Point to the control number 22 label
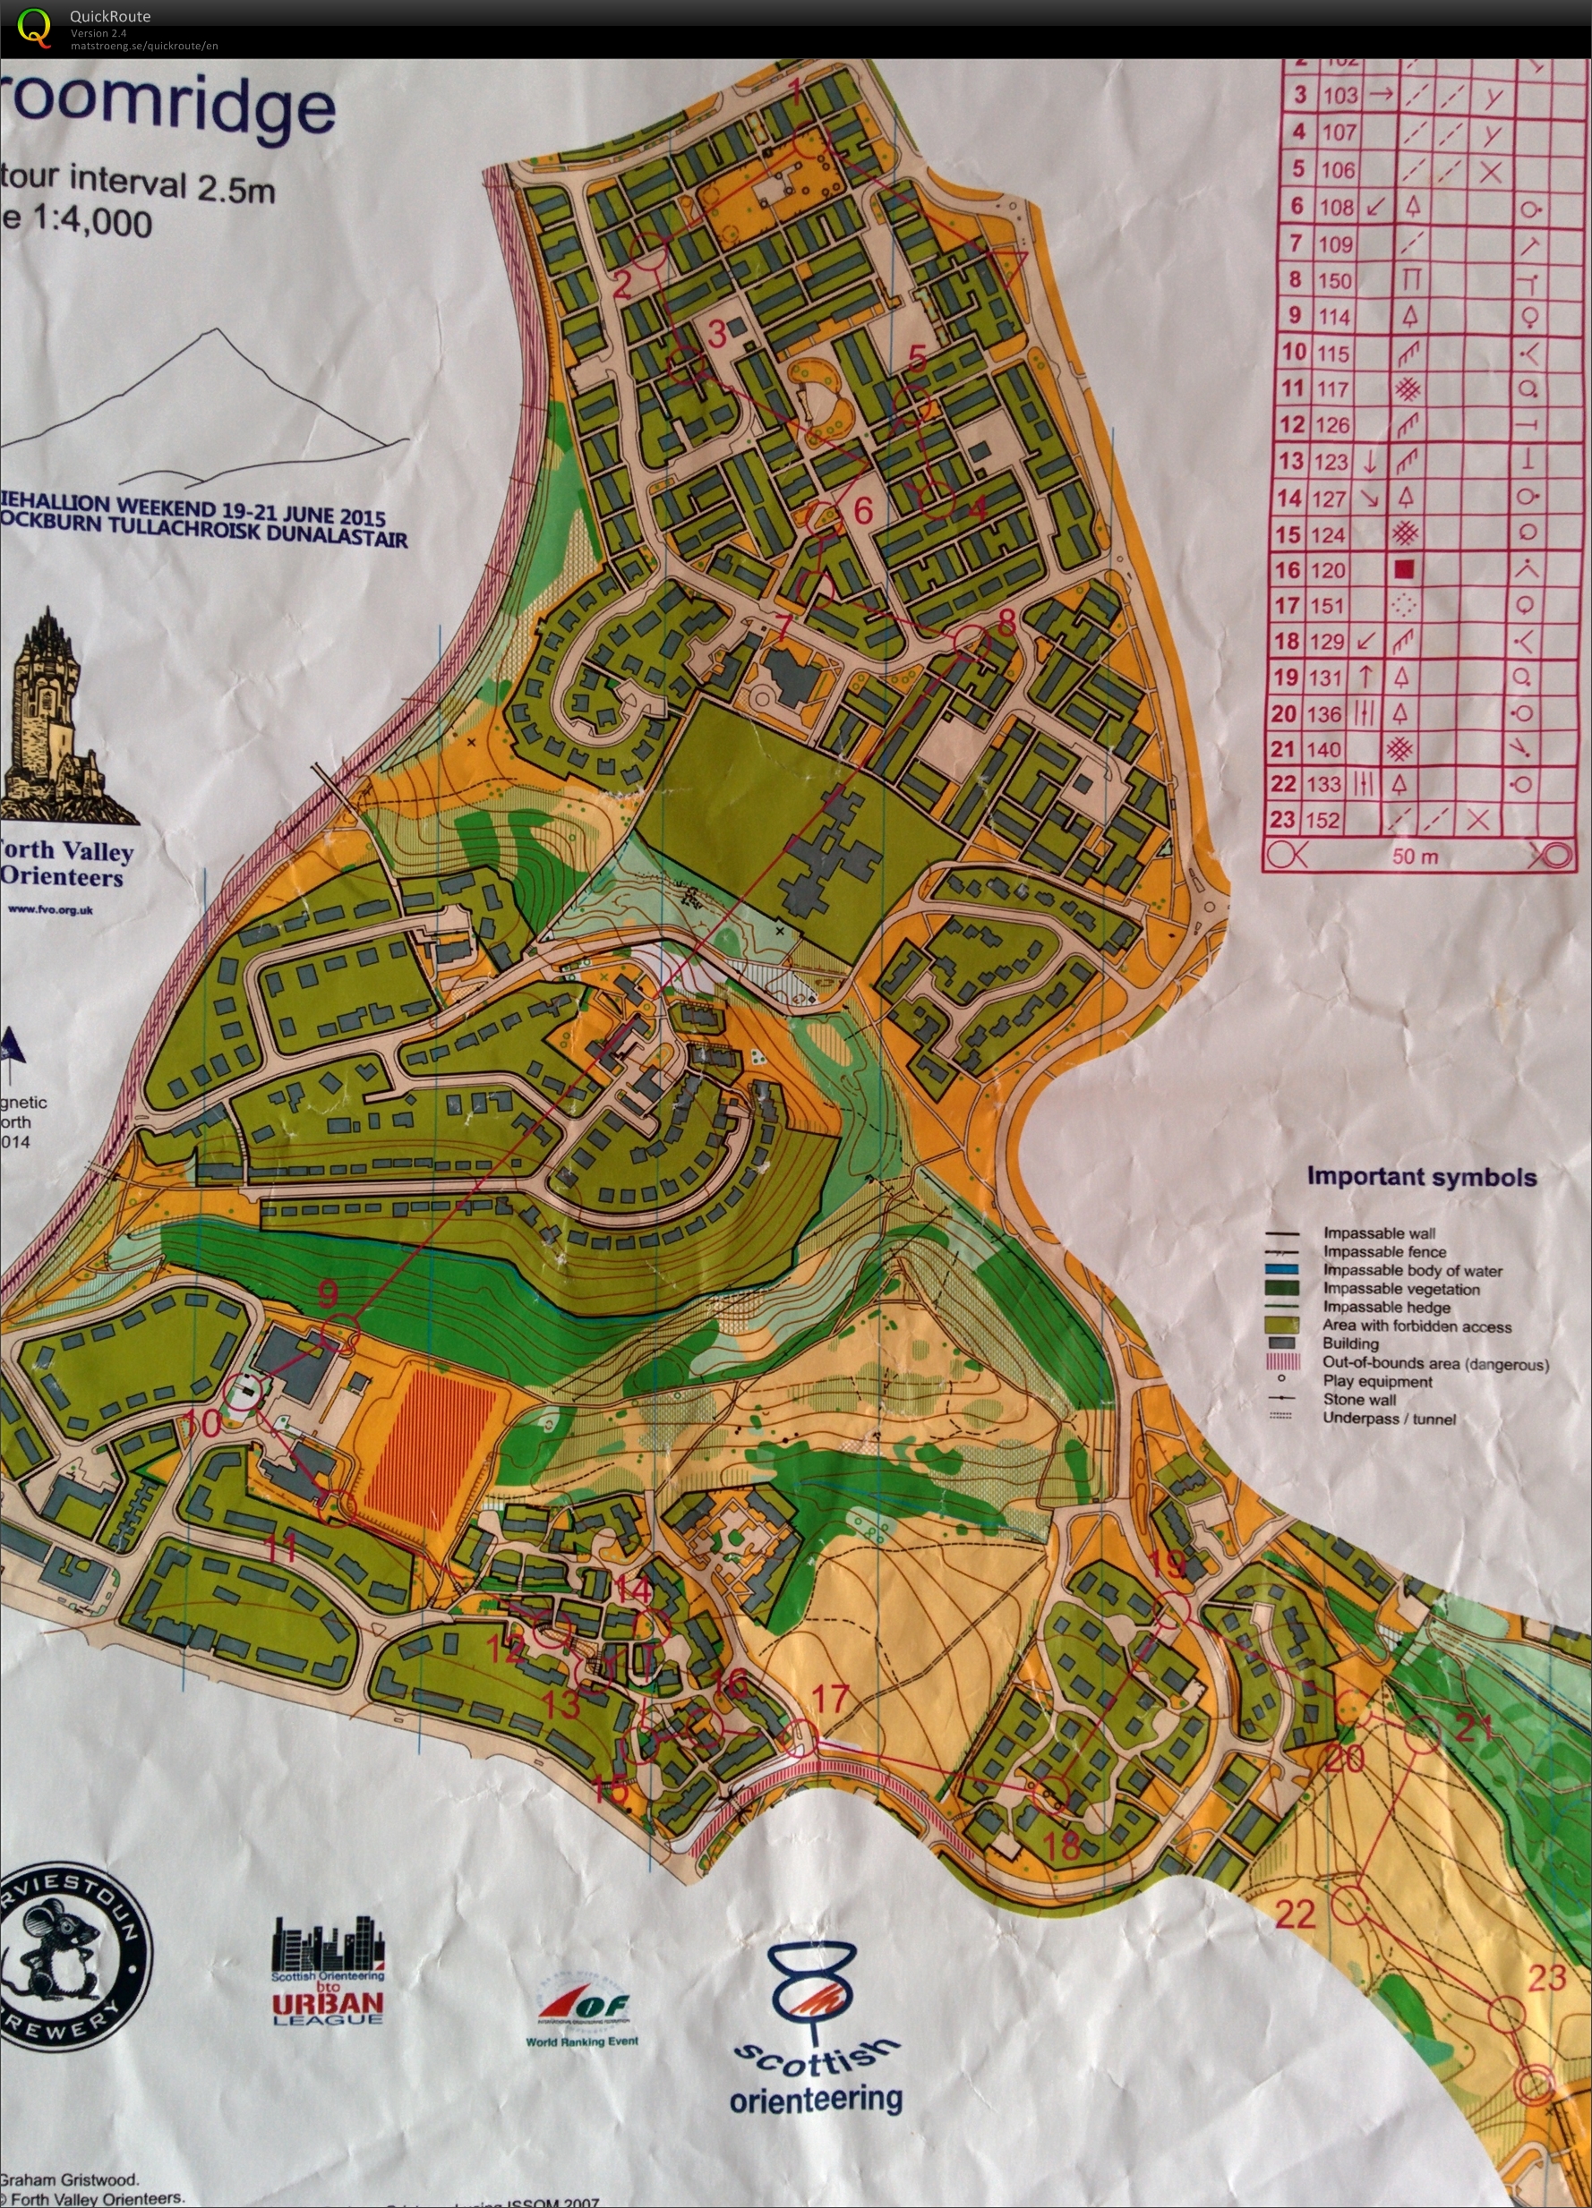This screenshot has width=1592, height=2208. (x=1296, y=1915)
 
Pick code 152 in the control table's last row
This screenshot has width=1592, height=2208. (x=1322, y=820)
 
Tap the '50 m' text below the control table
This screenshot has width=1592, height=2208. (x=1416, y=857)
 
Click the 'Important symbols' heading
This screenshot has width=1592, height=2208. (x=1421, y=1177)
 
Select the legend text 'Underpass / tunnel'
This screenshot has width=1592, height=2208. (x=1389, y=1419)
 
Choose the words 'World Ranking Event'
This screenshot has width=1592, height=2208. (x=582, y=2042)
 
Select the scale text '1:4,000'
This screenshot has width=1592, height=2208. (x=92, y=223)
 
